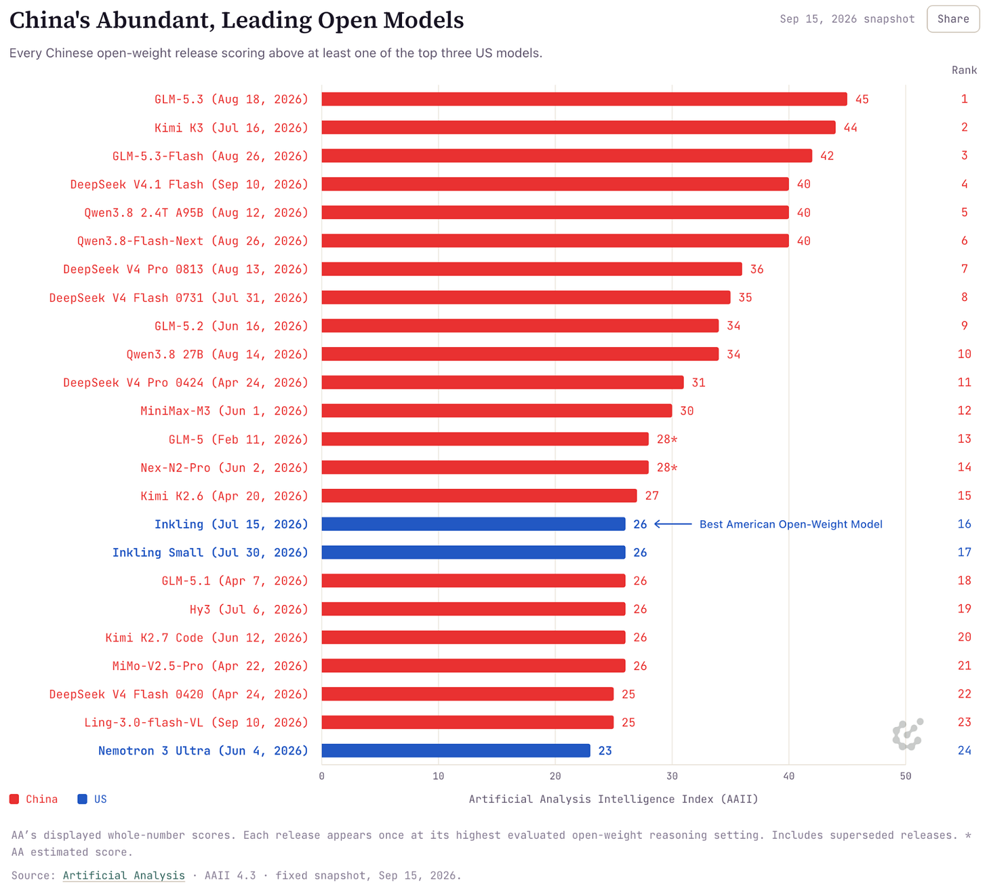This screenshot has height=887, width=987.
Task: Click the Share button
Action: coord(952,19)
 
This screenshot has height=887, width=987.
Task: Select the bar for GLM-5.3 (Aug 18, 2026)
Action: coord(584,99)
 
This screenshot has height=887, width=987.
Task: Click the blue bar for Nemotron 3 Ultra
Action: coord(456,751)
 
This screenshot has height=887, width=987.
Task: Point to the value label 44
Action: coord(850,127)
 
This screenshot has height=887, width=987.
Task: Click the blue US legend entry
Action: coord(92,799)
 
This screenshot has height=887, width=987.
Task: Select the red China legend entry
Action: coord(33,799)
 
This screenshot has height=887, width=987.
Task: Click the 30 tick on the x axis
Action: coord(672,776)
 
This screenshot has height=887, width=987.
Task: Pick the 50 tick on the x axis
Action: coord(905,776)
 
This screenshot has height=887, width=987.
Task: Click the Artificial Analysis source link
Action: coord(124,875)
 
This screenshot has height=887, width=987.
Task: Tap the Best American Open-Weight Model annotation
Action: coord(790,524)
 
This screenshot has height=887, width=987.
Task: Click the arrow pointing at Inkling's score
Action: coord(672,524)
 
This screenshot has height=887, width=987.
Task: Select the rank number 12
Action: coord(964,410)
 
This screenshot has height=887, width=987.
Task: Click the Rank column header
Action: coord(964,70)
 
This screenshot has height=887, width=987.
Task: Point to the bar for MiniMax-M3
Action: coord(496,410)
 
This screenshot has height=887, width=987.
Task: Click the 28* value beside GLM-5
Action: coord(667,439)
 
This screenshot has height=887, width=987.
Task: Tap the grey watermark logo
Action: coord(908,734)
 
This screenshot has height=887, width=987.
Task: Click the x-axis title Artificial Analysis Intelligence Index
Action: coord(613,799)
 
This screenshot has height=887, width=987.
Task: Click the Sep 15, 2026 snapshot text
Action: coord(847,19)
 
